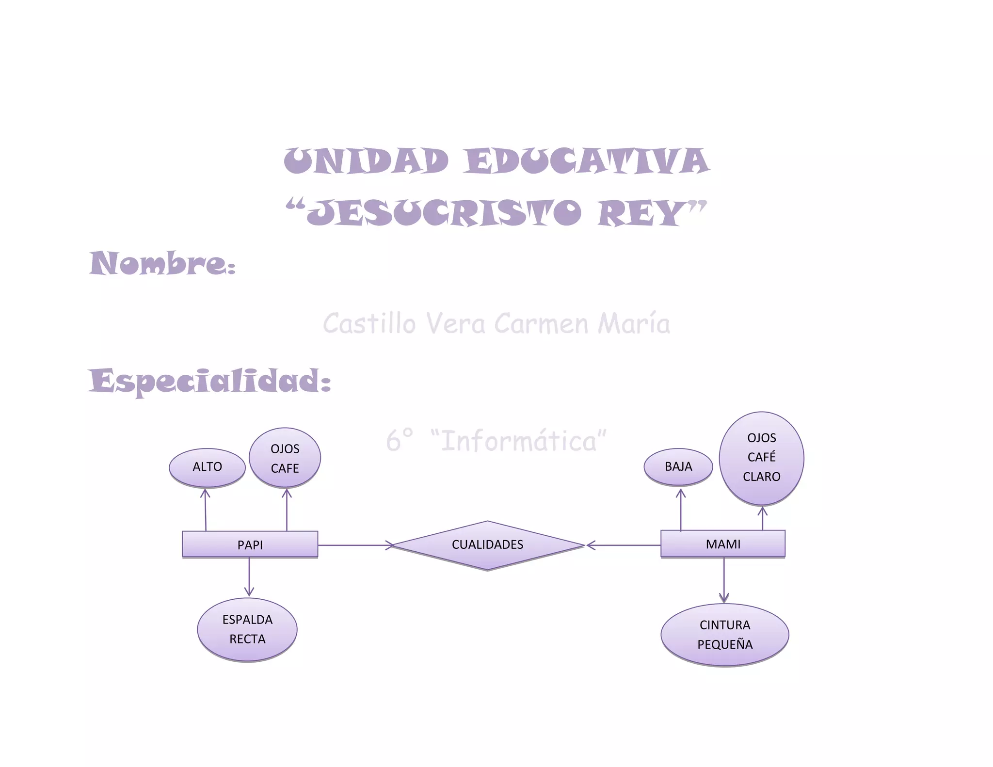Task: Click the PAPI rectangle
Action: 250,544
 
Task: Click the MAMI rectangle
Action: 722,543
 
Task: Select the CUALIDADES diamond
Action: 487,545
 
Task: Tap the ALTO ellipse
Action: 207,467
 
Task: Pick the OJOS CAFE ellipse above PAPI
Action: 285,458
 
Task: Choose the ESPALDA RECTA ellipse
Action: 247,629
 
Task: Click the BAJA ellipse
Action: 678,466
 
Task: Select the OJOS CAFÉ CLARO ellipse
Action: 761,458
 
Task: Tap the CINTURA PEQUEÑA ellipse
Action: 725,635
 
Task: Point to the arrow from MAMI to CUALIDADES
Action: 624,545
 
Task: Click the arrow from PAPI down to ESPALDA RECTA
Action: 249,577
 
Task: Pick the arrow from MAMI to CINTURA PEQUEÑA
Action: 724,580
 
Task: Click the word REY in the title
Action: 640,213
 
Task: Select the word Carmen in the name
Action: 542,324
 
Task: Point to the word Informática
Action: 519,441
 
